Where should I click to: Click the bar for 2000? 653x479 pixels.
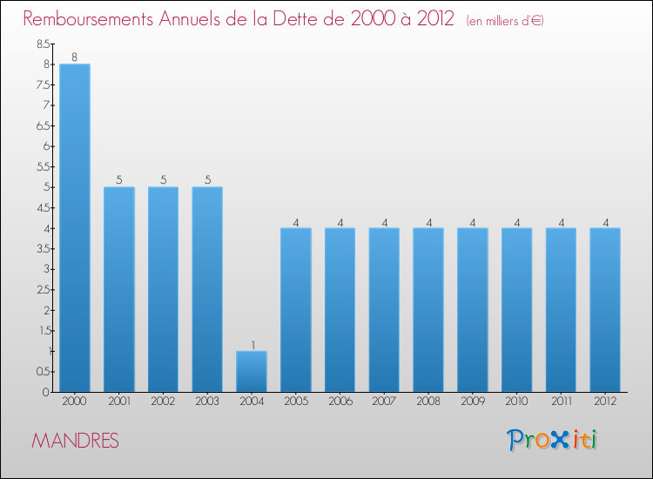[x=74, y=227]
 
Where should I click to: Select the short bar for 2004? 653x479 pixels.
[x=252, y=371]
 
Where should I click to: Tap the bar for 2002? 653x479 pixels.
[x=163, y=289]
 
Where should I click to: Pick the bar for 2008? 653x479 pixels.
[x=428, y=309]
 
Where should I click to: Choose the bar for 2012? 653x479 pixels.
[x=605, y=309]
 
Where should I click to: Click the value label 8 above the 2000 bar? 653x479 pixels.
[x=74, y=57]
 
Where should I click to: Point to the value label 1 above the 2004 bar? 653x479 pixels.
[x=252, y=345]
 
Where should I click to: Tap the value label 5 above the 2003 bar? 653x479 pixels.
[x=207, y=180]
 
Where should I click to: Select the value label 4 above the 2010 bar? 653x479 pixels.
[x=517, y=222]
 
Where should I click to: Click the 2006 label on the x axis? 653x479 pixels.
[x=340, y=401]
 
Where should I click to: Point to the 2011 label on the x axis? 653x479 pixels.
[x=561, y=401]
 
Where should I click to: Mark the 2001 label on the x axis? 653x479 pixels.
[x=118, y=401]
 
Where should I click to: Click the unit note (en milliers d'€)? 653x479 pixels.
[x=505, y=20]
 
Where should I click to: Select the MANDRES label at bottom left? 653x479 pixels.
[x=75, y=441]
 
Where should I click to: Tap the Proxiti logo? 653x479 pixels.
[x=553, y=440]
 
